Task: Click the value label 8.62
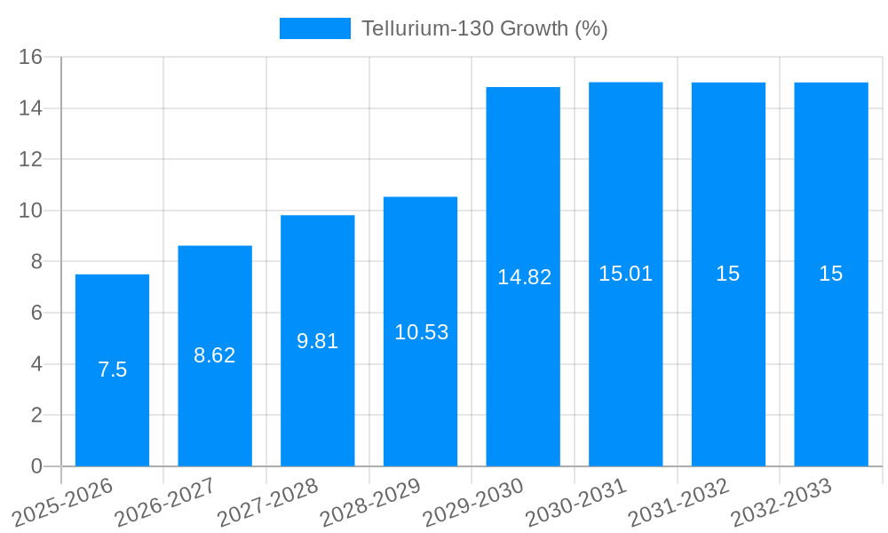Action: click(x=215, y=355)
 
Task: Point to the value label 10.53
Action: click(x=421, y=332)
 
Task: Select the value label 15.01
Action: click(x=625, y=274)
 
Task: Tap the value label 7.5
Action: click(x=112, y=370)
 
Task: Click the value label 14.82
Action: click(x=524, y=277)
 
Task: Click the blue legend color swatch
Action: click(x=315, y=28)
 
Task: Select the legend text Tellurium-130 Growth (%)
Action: click(x=484, y=28)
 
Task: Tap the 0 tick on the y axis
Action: click(x=36, y=466)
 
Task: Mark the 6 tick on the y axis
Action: click(x=36, y=313)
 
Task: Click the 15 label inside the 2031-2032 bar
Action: click(x=728, y=274)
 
